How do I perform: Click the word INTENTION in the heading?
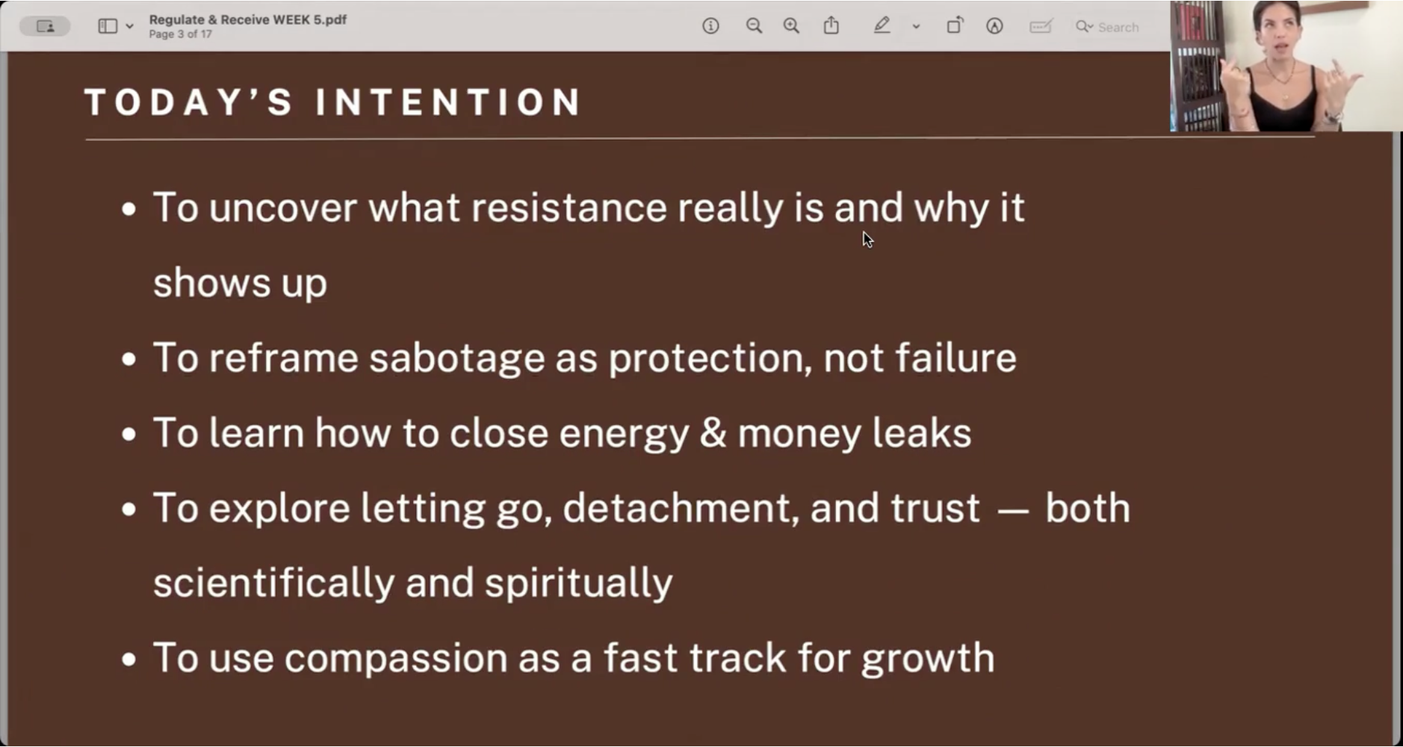tap(448, 102)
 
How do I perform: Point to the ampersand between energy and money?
tap(713, 433)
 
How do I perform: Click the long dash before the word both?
tap(1013, 513)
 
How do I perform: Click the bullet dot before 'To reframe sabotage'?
tap(129, 360)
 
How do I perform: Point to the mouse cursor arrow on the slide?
tap(867, 240)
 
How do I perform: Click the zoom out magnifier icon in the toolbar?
tap(754, 26)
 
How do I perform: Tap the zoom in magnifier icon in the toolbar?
tap(791, 26)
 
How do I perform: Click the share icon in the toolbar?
tap(831, 25)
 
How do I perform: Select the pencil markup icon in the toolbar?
tap(882, 26)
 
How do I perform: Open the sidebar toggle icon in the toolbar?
tap(108, 26)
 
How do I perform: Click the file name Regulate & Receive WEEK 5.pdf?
tap(247, 19)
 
